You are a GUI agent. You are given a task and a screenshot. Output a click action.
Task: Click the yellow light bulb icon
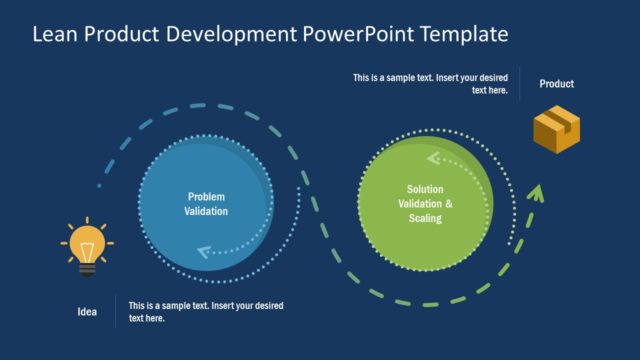pyautogui.click(x=87, y=244)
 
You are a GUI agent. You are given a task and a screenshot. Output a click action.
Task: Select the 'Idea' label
pyautogui.click(x=88, y=312)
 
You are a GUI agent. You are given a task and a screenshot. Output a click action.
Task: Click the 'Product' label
pyautogui.click(x=557, y=84)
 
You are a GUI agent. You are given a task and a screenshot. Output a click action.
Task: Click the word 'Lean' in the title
pyautogui.click(x=54, y=35)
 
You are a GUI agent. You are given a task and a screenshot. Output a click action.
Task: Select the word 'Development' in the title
pyautogui.click(x=229, y=35)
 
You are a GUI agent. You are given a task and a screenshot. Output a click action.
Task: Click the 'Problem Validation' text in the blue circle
pyautogui.click(x=206, y=204)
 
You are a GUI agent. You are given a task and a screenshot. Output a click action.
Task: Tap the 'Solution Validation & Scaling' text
pyautogui.click(x=425, y=204)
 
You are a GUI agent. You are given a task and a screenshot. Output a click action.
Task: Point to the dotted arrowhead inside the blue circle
pyautogui.click(x=205, y=252)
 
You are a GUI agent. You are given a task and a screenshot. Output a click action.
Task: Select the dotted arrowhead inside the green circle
pyautogui.click(x=434, y=158)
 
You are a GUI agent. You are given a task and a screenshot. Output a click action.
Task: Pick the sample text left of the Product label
pyautogui.click(x=431, y=84)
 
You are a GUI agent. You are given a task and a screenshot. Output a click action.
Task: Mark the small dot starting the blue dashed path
pyautogui.click(x=98, y=186)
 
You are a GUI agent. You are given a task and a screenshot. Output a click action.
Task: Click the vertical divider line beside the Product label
pyautogui.click(x=520, y=84)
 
